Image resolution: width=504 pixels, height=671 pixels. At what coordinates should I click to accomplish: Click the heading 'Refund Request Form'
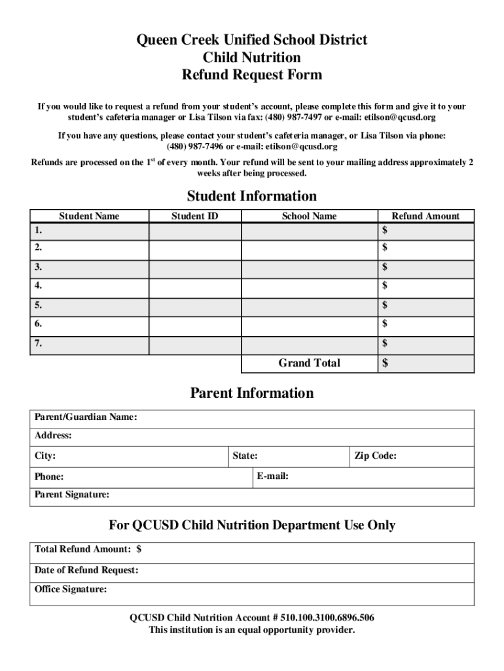[x=251, y=75]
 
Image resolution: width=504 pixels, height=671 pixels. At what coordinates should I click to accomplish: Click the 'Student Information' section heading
[x=251, y=196]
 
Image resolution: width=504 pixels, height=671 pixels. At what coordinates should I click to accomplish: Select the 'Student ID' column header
[x=194, y=216]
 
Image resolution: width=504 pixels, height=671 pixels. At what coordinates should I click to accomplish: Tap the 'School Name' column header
[x=309, y=216]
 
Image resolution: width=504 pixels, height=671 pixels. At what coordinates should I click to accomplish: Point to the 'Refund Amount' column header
[x=425, y=216]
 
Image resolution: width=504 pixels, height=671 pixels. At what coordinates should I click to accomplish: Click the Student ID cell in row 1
[x=194, y=232]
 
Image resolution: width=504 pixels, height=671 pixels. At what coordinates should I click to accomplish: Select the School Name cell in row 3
[x=309, y=268]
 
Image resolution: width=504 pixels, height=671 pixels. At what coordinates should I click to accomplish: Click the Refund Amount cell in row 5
[x=425, y=305]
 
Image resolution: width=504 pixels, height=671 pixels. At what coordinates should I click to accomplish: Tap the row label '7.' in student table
[x=39, y=343]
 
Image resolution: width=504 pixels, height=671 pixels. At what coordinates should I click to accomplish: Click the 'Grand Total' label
[x=309, y=363]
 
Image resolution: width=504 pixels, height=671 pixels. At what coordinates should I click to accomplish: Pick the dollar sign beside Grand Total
[x=386, y=364]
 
